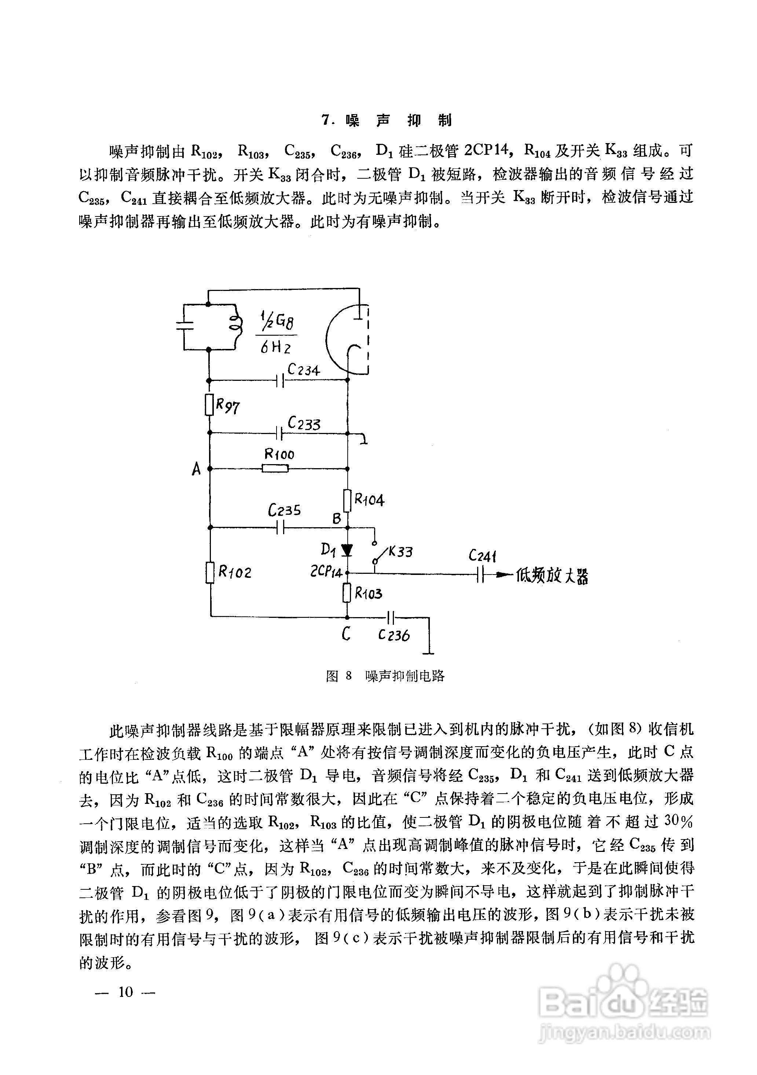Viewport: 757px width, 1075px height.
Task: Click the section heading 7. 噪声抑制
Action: point(387,121)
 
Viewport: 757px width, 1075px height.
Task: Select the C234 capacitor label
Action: point(303,369)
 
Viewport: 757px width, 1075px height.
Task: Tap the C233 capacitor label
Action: point(304,424)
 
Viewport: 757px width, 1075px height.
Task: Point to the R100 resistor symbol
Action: point(275,468)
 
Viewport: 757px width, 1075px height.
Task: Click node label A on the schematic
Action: point(196,469)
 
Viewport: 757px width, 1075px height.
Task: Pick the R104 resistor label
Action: point(369,500)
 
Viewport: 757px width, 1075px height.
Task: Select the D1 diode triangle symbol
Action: point(347,550)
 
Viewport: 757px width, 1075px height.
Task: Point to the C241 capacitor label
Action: point(482,556)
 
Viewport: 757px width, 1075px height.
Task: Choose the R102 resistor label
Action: point(235,572)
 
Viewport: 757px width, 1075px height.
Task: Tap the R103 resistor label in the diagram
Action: point(369,594)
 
